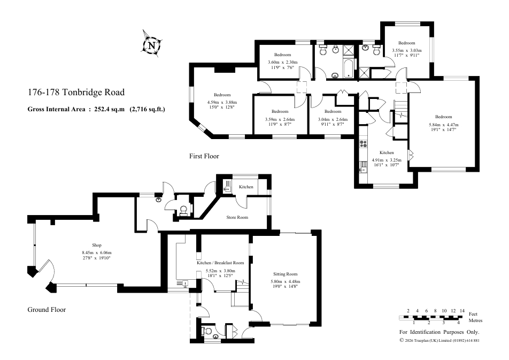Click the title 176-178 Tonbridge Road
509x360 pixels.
tap(76, 93)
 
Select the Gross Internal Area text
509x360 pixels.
tap(96, 109)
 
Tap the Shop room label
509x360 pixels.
tap(97, 246)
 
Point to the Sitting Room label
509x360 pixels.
tap(286, 274)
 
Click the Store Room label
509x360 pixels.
tap(237, 217)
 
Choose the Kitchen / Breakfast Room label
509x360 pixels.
tap(220, 263)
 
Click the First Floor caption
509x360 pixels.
tap(204, 156)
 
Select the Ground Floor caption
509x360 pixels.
tap(47, 310)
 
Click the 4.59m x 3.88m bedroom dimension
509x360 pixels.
tap(222, 103)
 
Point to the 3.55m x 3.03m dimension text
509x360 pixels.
tap(407, 50)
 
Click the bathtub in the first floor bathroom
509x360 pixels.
tap(349, 68)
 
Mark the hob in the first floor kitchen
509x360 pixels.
tap(363, 143)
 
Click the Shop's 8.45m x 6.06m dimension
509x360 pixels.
tap(97, 253)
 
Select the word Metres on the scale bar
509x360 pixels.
tap(475, 320)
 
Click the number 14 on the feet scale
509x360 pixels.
tap(462, 311)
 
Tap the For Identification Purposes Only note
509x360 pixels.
tap(439, 332)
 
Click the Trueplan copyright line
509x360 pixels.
tap(439, 341)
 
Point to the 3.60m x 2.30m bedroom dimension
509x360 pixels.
tap(283, 63)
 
